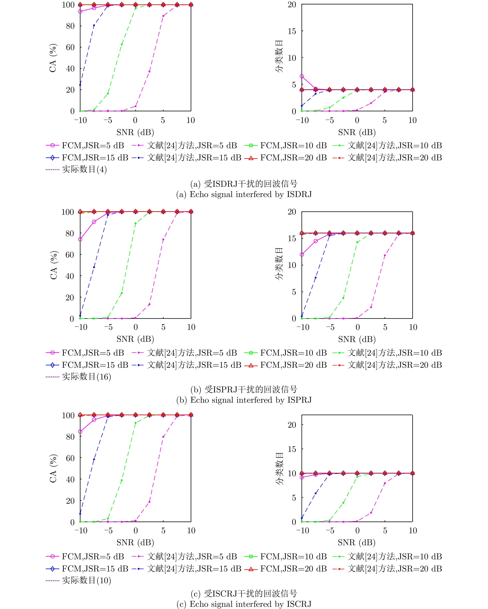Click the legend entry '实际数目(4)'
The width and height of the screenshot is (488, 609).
coord(84,170)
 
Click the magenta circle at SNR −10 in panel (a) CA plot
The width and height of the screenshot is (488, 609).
coord(80,12)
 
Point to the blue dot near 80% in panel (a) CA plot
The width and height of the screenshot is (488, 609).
coord(94,25)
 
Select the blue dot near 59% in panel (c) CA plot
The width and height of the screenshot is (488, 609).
coord(94,459)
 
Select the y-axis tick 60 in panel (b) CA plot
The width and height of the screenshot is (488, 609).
coord(70,255)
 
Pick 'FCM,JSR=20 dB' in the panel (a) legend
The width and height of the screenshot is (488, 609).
coord(293,158)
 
